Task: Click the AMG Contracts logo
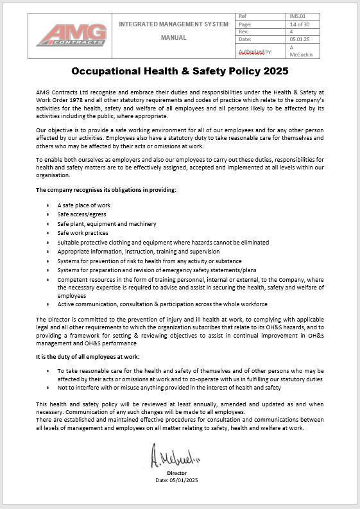coord(71,35)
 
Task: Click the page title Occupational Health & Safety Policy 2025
coord(180,71)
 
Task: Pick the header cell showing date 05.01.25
coord(300,40)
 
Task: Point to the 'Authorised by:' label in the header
coord(255,51)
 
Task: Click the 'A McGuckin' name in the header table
coord(300,51)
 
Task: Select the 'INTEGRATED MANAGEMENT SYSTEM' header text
coord(173,24)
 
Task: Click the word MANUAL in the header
coord(173,38)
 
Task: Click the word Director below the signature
coord(176,473)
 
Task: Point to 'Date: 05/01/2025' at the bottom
coord(176,480)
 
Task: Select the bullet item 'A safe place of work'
coord(83,205)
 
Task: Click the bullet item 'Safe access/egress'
coord(81,214)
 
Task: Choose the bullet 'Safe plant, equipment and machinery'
coord(107,224)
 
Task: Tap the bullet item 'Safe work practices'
coord(83,233)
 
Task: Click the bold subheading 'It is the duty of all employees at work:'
coord(87,356)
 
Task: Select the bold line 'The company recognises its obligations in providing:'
coord(106,190)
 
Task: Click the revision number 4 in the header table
coord(291,31)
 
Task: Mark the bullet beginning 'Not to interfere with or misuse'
coord(169,388)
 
